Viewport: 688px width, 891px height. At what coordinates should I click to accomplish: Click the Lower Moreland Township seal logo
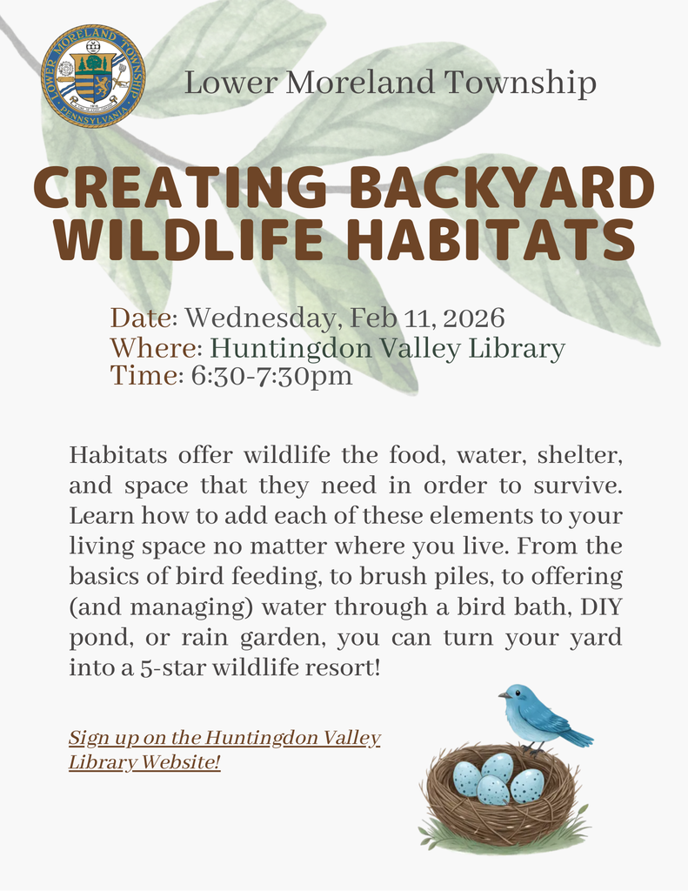pos(93,77)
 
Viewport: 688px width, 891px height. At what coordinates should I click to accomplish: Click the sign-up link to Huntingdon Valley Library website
pos(224,751)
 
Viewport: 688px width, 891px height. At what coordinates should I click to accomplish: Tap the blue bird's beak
pos(502,694)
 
